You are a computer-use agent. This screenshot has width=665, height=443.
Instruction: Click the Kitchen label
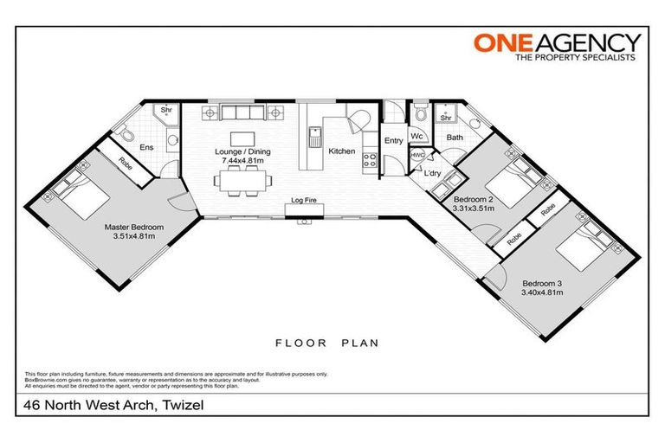341,151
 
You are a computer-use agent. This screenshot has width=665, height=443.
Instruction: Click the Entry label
393,141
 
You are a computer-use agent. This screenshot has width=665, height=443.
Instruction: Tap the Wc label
416,137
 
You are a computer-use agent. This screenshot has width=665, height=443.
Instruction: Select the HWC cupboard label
417,155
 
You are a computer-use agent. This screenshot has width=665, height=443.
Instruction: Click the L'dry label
434,172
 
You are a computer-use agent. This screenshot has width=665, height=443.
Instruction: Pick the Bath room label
454,138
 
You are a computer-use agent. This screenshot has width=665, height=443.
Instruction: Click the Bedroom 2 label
474,203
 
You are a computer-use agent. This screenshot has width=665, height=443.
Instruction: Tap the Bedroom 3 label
542,287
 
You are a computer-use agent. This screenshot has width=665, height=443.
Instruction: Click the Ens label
147,147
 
